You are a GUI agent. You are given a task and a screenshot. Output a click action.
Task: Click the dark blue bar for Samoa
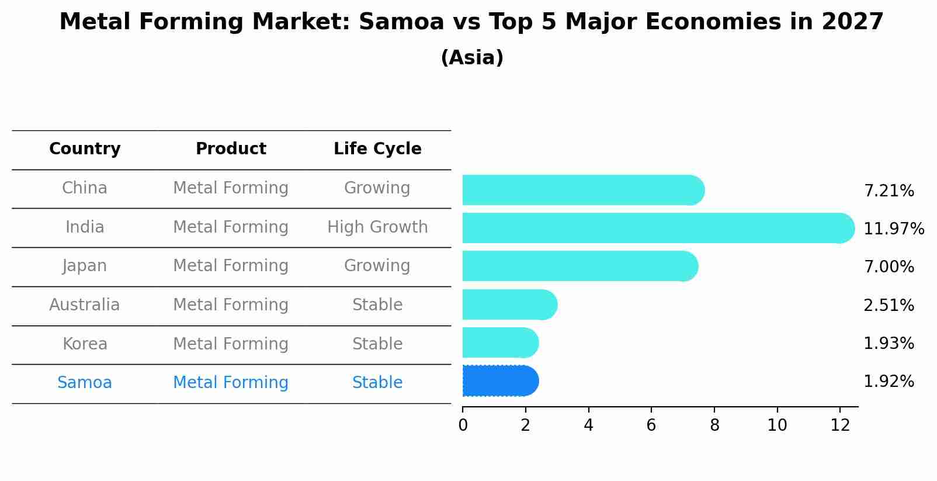coord(499,381)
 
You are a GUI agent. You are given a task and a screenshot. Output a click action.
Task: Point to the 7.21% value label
coord(889,191)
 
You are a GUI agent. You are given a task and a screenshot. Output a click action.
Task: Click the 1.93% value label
coord(889,344)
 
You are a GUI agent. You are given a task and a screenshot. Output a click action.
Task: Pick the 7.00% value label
coord(889,267)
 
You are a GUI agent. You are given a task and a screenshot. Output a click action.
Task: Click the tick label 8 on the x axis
coord(714,425)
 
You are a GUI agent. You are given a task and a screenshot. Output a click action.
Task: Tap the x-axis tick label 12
coord(839,425)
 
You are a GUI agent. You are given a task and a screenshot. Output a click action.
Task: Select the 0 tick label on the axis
coord(463,425)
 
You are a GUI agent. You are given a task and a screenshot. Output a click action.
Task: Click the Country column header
coord(85,149)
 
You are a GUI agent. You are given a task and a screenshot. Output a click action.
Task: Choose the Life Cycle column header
coord(377,149)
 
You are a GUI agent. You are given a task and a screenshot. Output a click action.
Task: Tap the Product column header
coord(231,149)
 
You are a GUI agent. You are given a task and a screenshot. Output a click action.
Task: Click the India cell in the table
coord(85,227)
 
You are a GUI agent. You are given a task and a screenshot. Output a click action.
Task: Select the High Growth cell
coord(377,227)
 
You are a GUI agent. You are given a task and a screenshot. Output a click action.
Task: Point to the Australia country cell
coord(85,305)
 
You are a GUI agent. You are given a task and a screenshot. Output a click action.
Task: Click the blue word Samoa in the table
coord(85,383)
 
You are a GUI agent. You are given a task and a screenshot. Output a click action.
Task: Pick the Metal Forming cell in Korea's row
coord(231,344)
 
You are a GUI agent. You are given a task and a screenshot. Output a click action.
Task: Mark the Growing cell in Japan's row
coord(377,266)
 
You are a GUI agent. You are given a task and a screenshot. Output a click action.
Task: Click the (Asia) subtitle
coord(472,58)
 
